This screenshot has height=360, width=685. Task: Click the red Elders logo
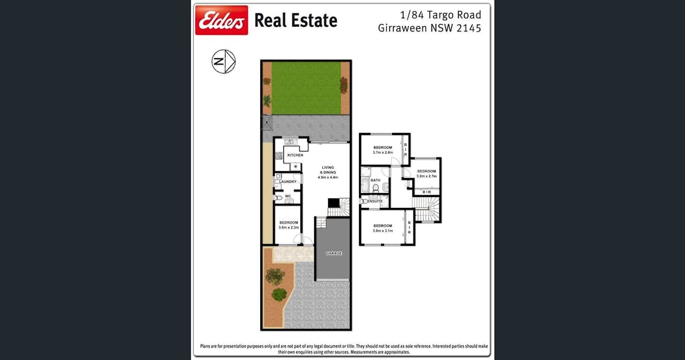coord(221,20)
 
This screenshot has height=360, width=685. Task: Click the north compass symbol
coord(224,61)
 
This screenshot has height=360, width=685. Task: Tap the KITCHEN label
coord(295,155)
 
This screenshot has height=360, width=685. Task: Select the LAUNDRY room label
coord(288,182)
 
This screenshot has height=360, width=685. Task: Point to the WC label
coord(288,196)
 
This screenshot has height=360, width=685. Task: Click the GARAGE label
coord(334,253)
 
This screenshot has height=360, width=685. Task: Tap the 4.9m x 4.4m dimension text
coord(328,178)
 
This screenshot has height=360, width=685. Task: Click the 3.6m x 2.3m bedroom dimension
coord(289,228)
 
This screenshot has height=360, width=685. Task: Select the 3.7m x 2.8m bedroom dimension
coord(383,153)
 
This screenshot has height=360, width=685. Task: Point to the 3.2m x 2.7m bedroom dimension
coord(427,176)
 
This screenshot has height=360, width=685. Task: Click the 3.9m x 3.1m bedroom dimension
coord(383,231)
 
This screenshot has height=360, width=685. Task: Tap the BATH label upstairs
coord(376,180)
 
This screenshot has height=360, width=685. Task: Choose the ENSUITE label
coord(375,201)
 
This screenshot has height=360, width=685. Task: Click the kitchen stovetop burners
coord(278,156)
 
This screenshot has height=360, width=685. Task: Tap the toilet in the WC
coord(276,198)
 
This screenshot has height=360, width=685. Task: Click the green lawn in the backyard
coord(306,87)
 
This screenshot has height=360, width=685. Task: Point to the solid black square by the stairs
coord(333,203)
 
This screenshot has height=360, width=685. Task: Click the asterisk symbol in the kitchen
coord(294,167)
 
